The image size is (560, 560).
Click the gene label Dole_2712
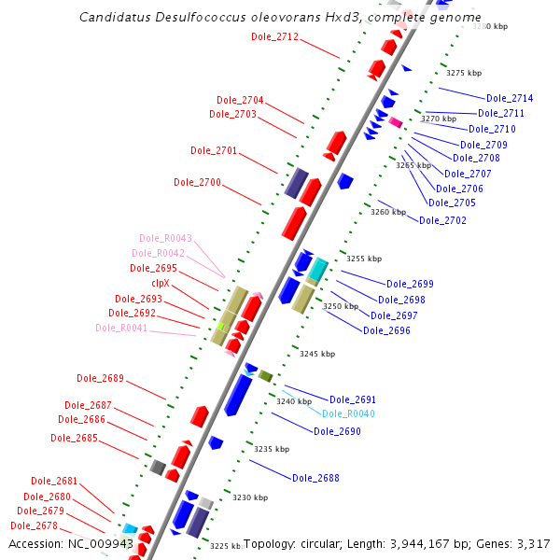[274, 37]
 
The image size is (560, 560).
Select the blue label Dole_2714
[510, 98]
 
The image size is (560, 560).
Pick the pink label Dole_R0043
[165, 238]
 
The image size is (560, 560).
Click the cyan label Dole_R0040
[348, 413]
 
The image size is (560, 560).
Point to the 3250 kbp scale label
[341, 306]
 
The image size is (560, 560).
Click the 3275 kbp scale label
[464, 73]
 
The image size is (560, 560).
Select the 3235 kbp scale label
[272, 449]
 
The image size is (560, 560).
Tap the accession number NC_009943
[100, 544]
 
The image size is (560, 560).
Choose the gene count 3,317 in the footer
[532, 544]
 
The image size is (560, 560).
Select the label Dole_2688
[315, 478]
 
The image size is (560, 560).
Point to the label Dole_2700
[197, 182]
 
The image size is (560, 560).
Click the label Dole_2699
[410, 284]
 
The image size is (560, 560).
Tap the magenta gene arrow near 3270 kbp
[395, 122]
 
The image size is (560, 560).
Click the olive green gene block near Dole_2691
[265, 375]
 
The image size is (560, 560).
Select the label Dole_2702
[442, 220]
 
